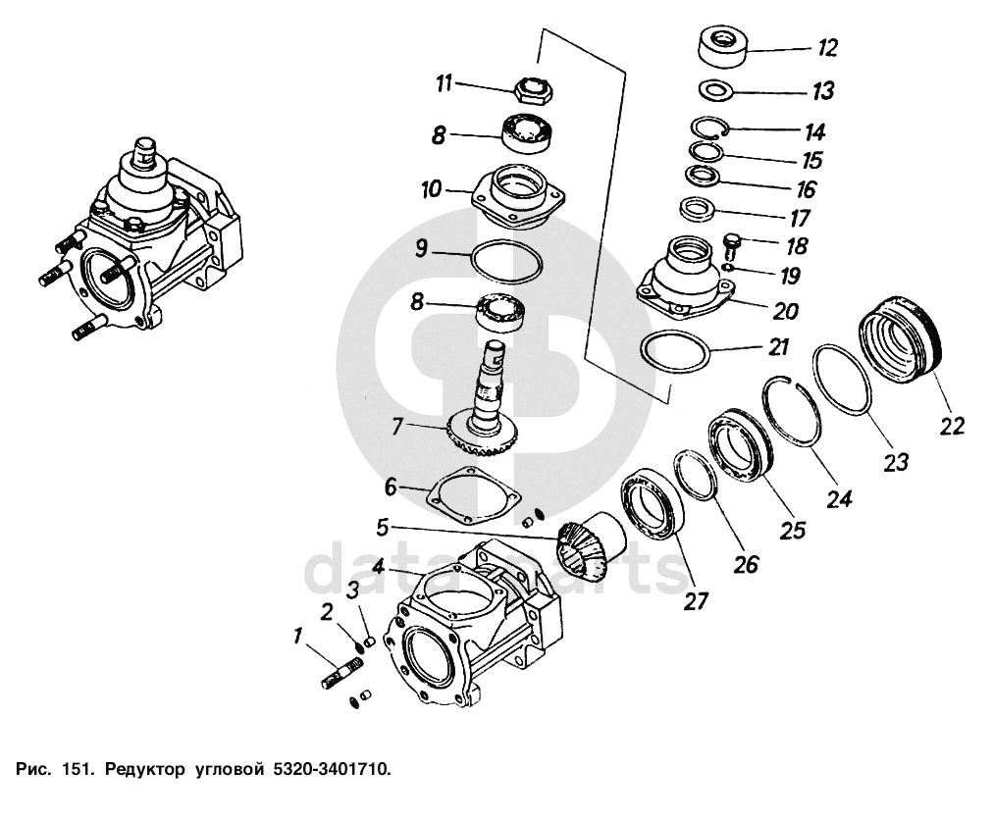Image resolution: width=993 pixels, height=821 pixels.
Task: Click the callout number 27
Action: (x=696, y=600)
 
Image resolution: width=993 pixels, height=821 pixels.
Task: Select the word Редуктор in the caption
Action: (x=140, y=770)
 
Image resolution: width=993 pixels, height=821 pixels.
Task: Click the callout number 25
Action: (x=792, y=529)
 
